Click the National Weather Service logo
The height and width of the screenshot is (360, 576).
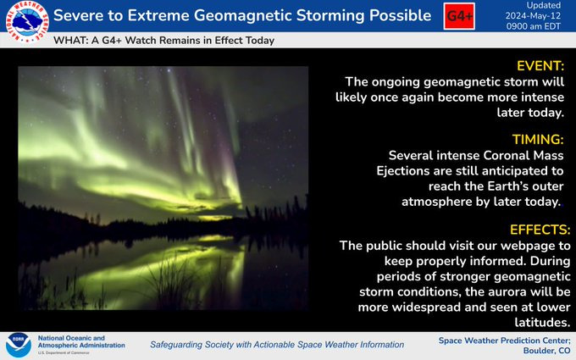[27, 22]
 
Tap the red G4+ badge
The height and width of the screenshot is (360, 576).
[459, 16]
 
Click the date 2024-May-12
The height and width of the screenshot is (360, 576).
[533, 16]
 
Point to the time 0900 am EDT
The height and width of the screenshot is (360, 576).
[534, 26]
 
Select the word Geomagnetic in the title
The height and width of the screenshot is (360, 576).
[243, 16]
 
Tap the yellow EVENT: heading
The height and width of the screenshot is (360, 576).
[540, 66]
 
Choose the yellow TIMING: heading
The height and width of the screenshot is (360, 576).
[538, 139]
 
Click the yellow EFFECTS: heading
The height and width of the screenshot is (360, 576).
[540, 230]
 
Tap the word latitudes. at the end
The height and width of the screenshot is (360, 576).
[542, 322]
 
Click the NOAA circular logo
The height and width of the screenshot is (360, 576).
[18, 346]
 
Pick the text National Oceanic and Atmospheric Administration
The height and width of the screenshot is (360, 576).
[81, 341]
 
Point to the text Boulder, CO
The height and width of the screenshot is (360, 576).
[546, 351]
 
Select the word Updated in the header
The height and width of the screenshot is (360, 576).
[544, 6]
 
